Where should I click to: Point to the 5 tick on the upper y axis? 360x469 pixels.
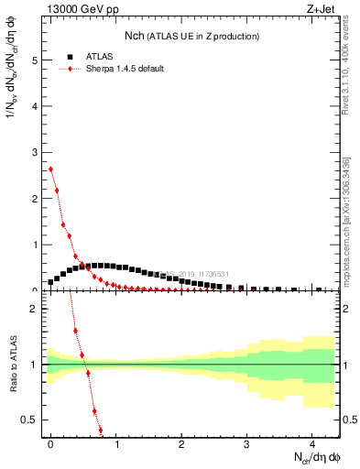[36, 60]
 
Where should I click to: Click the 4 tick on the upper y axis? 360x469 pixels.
[36, 106]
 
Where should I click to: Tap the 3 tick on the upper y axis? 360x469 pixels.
[36, 152]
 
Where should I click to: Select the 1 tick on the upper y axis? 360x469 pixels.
[36, 245]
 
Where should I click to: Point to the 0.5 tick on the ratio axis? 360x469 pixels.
[32, 420]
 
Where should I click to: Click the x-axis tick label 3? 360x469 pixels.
[246, 442]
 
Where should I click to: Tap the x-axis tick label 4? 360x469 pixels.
[311, 442]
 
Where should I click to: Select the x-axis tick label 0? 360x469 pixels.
[50, 442]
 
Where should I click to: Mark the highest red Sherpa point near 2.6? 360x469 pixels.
[50, 169]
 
